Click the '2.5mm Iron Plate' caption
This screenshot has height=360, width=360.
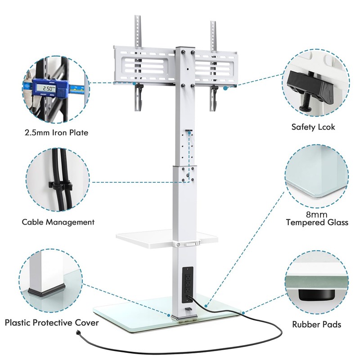pos(57,132)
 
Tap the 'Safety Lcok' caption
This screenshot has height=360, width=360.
pos(312,127)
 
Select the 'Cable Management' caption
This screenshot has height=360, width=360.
pos(58,222)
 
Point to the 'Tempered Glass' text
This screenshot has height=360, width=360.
pos(317,222)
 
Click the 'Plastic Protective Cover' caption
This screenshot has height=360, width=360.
pos(52,323)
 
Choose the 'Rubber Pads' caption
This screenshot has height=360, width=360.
pos(316,324)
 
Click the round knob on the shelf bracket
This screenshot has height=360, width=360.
pos(179,244)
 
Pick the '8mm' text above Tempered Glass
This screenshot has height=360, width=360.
pos(317,214)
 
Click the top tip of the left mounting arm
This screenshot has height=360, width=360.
pos(138,18)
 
